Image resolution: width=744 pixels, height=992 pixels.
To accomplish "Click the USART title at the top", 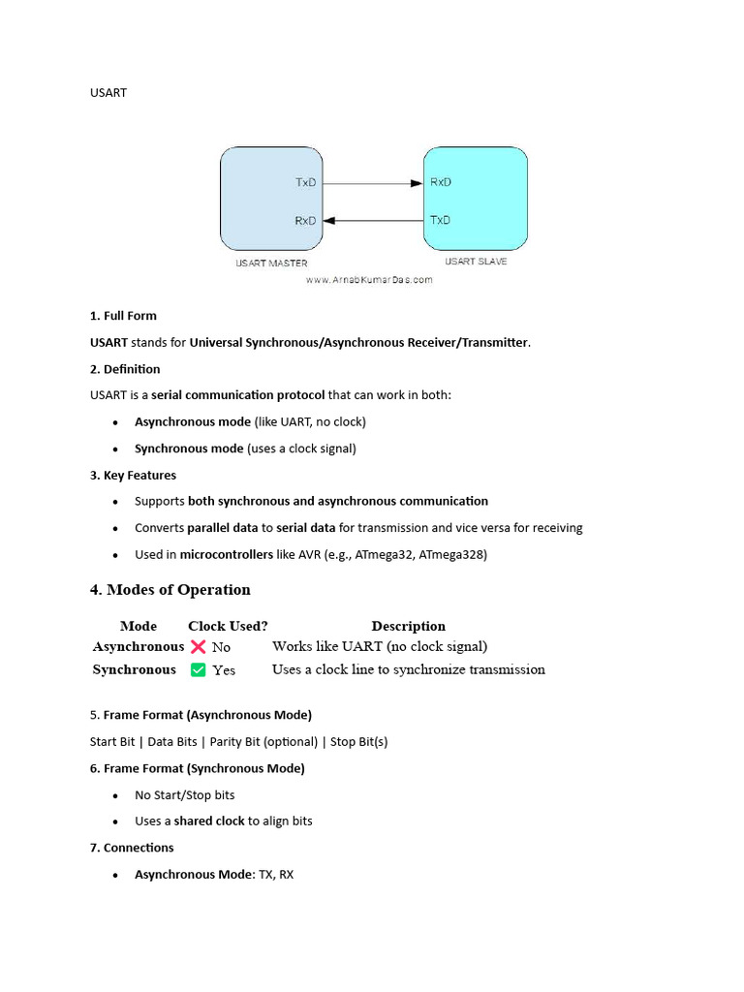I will click(x=108, y=93).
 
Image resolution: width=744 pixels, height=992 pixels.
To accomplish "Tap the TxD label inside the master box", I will click(x=305, y=182).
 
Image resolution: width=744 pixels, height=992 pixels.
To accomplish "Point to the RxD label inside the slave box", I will click(x=440, y=182).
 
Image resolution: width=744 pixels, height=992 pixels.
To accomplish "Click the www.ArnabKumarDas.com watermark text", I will click(x=369, y=280).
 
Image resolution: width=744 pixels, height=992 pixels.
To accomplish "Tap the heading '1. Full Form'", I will click(x=123, y=316).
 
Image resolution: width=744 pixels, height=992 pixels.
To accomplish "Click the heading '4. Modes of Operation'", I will click(x=170, y=590).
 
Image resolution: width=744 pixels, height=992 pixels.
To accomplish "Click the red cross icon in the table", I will click(x=199, y=646).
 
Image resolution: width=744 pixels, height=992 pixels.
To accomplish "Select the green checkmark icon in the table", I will click(x=199, y=669).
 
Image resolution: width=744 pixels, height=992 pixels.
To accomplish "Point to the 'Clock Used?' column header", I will click(x=228, y=626).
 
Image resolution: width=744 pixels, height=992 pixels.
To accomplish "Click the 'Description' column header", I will click(x=408, y=626).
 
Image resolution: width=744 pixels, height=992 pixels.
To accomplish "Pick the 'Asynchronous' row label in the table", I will click(x=139, y=646).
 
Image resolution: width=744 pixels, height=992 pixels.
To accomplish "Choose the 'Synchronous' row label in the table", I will click(x=135, y=669).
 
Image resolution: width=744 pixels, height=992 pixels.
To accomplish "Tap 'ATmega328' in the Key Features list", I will click(x=453, y=555).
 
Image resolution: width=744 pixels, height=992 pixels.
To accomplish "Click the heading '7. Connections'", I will click(x=132, y=848).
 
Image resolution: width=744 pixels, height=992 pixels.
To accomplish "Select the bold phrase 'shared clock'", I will click(x=208, y=821).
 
